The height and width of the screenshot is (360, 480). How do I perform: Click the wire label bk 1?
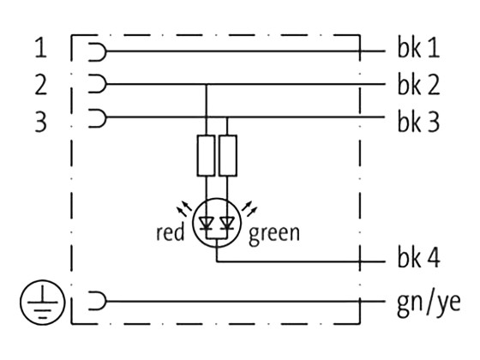tap(418, 51)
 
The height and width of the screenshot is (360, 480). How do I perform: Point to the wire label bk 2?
tap(418, 85)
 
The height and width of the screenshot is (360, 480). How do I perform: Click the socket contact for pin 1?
tap(98, 51)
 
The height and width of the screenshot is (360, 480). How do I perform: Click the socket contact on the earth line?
tap(98, 302)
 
